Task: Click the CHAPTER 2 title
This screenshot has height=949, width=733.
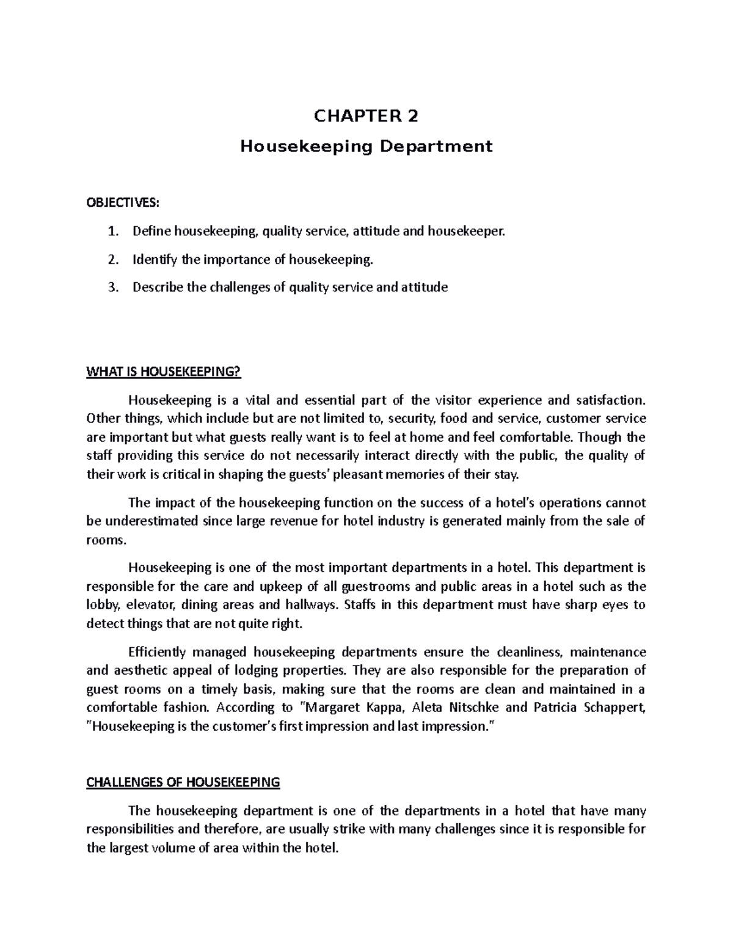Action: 366,116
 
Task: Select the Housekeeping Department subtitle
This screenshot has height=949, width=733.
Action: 366,147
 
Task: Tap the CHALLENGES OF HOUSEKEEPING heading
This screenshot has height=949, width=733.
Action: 183,782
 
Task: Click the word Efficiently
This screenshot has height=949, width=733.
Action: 155,652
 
